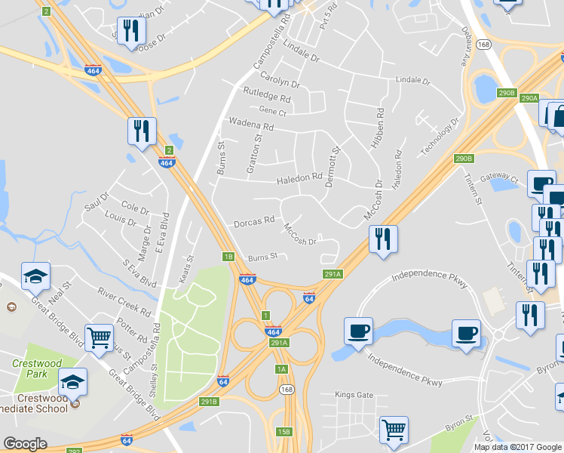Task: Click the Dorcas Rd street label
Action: pos(254,222)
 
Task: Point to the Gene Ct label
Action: pos(273,112)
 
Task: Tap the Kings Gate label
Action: pos(354,395)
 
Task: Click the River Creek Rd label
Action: pos(124,299)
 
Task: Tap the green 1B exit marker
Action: pos(228,257)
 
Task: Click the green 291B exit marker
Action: pos(209,402)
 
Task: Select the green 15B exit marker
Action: pos(283,431)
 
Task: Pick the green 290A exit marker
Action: pos(529,98)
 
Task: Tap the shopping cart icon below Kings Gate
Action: pos(394,430)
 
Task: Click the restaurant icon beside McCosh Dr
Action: pos(383,239)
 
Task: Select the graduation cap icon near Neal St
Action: pos(35,276)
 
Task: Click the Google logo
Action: pos(25,444)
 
